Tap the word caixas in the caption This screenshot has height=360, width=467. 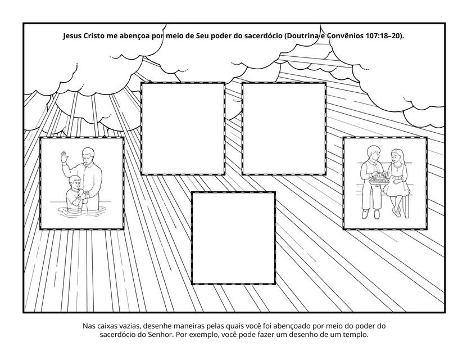[x=107, y=326]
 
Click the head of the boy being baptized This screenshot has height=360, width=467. [x=74, y=182]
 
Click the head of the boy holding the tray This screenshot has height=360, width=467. [x=373, y=152]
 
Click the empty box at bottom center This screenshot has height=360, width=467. [x=233, y=238]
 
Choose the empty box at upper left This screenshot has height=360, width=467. [x=183, y=128]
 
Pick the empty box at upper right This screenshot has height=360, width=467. [x=284, y=128]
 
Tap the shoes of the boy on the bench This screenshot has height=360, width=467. [x=371, y=213]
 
